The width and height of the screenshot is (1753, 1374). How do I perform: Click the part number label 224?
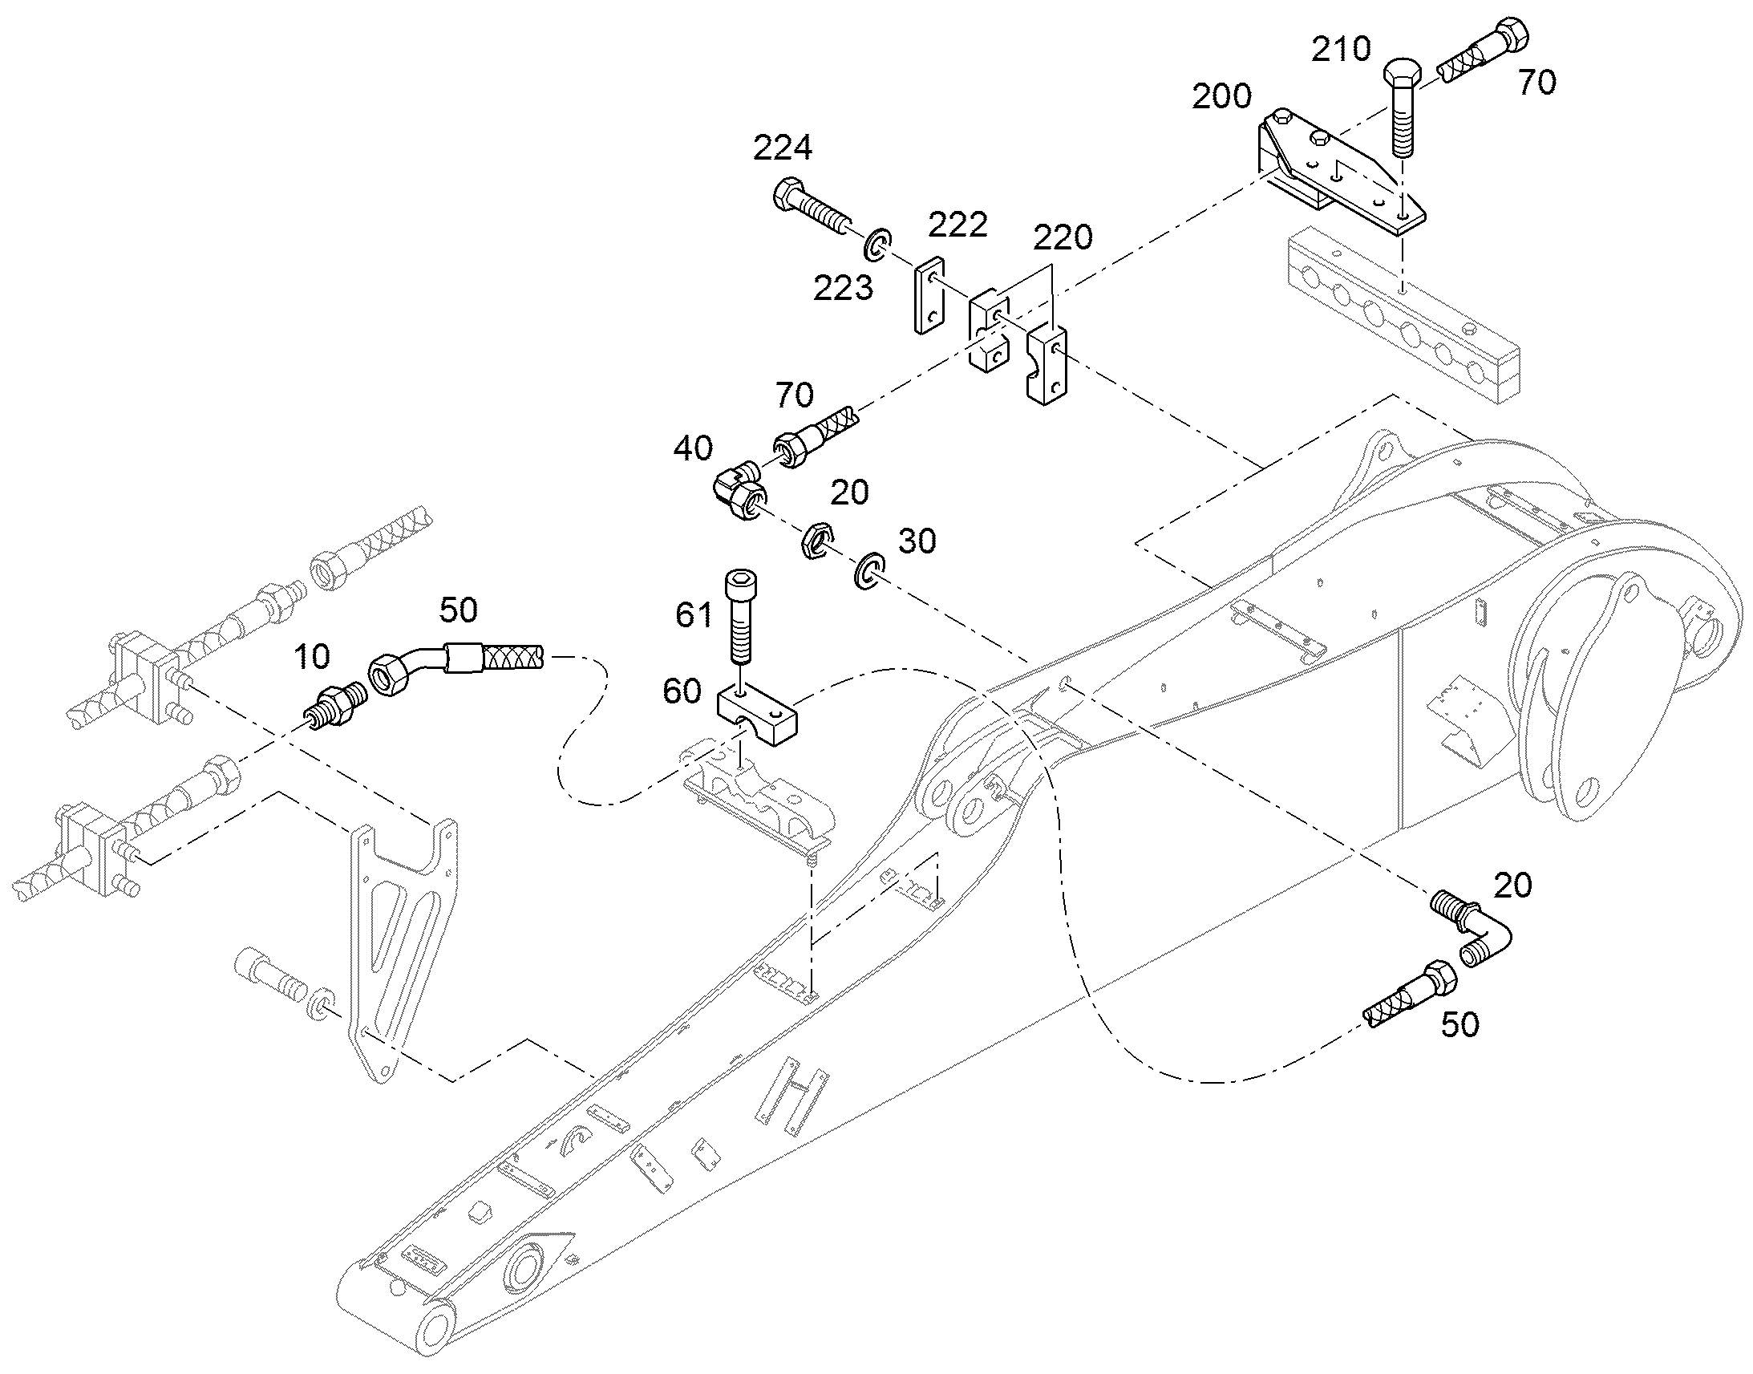[x=783, y=148]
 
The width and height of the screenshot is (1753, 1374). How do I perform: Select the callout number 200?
[x=1221, y=96]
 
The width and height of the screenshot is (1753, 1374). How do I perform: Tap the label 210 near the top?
[x=1341, y=50]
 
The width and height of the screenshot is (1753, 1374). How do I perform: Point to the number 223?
[x=843, y=288]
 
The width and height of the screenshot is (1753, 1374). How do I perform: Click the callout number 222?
[x=957, y=225]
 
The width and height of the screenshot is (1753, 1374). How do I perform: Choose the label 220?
[x=1063, y=238]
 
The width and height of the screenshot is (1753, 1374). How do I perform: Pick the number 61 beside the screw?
[x=694, y=615]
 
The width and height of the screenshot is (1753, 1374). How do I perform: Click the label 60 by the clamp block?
[x=682, y=691]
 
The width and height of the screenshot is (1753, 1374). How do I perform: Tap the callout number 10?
[x=312, y=657]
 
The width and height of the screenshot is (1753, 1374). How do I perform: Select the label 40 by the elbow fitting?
[x=693, y=448]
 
